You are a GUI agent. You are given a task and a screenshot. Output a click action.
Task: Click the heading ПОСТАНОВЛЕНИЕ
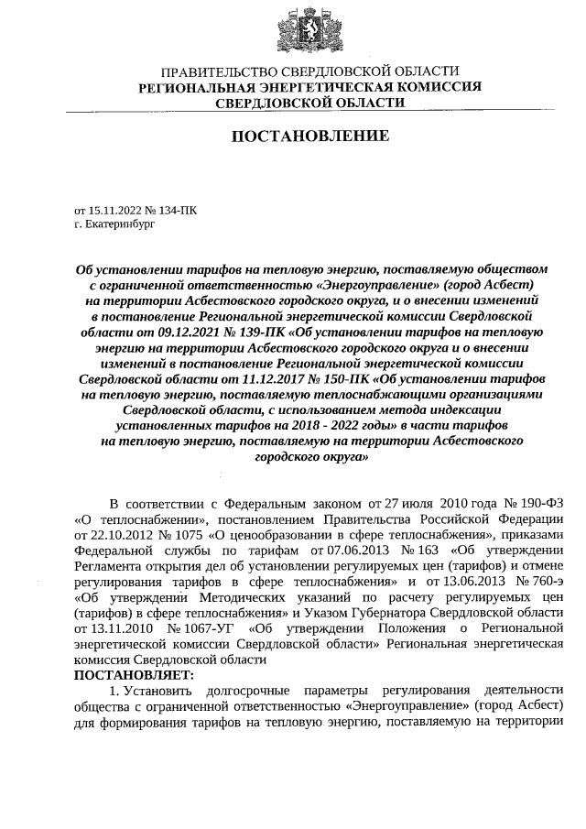pyautogui.click(x=309, y=136)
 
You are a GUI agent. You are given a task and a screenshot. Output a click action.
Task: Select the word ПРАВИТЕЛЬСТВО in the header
pyautogui.click(x=212, y=71)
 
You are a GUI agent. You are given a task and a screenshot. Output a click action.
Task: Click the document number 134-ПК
pyautogui.click(x=177, y=210)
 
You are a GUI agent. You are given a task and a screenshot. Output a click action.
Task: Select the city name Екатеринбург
pyautogui.click(x=119, y=223)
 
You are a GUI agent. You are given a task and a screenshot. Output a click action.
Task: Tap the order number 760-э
pyautogui.click(x=540, y=581)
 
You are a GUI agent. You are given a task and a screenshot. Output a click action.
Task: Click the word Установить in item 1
pyautogui.click(x=163, y=689)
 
